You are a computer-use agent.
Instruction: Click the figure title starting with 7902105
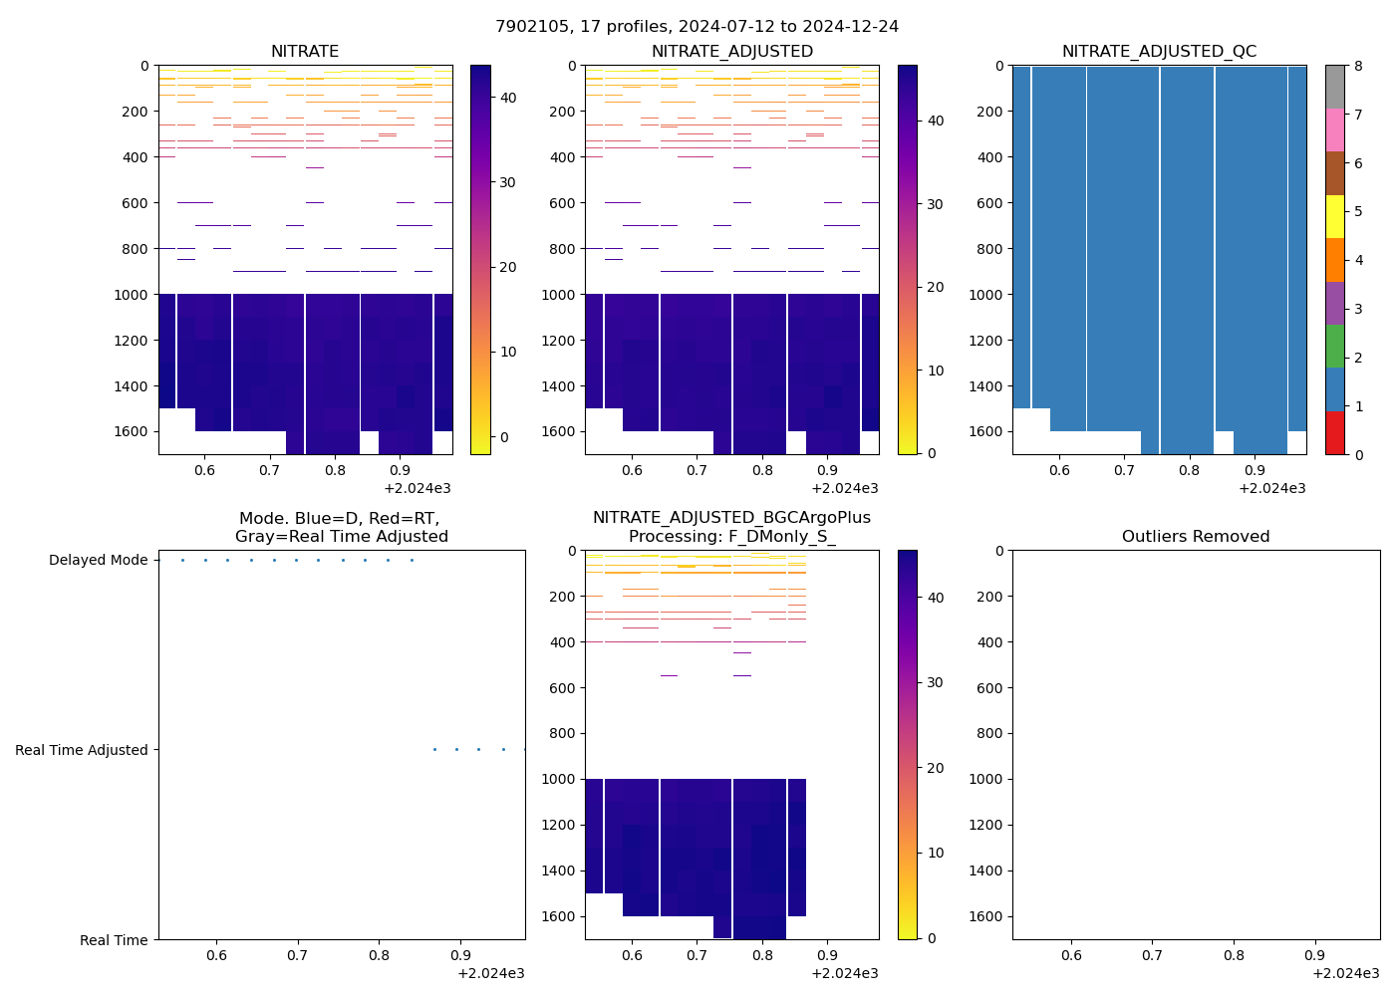(697, 27)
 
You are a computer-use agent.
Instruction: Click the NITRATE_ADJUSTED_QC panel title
(1159, 52)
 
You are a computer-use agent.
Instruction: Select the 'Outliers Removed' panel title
(1196, 537)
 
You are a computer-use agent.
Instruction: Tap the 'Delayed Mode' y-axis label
(98, 560)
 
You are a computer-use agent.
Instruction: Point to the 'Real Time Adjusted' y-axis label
(82, 750)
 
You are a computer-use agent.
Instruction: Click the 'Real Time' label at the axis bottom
(114, 940)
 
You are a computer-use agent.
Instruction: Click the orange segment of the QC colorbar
(1334, 260)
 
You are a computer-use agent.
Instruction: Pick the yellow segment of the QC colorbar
(1334, 216)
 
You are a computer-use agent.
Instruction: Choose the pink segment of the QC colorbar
(1334, 129)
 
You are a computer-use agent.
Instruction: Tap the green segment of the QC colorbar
(1334, 346)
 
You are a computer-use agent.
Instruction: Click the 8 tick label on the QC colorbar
(1357, 66)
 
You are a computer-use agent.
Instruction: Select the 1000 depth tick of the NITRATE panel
(132, 295)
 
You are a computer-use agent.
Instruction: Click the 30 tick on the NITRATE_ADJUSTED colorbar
(935, 204)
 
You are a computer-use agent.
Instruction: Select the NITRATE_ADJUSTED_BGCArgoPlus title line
(731, 518)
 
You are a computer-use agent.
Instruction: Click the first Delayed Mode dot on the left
(182, 560)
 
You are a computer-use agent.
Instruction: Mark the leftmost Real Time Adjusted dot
(434, 750)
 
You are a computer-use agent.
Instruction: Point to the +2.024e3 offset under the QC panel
(1271, 488)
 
